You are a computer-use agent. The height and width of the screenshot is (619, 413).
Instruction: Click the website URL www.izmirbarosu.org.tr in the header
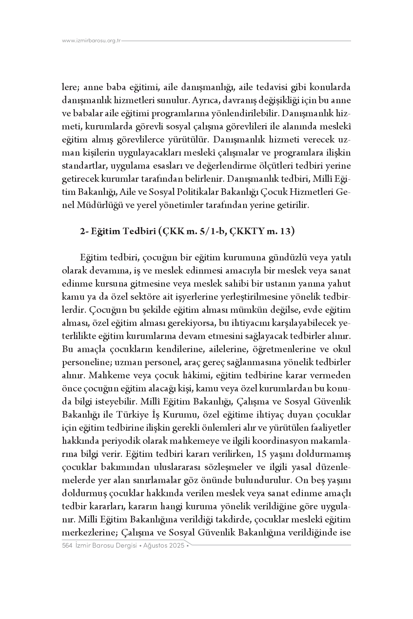tap(91, 41)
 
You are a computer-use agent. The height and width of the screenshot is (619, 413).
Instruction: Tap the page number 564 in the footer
tap(67, 546)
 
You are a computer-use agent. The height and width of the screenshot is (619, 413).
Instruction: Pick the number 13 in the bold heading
tap(285, 231)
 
